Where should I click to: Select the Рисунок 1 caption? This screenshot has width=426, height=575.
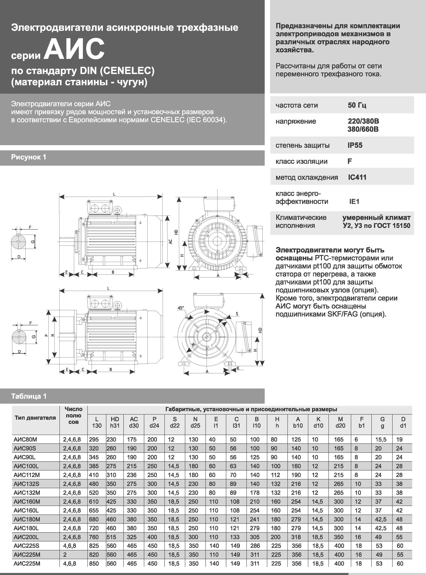click(x=29, y=157)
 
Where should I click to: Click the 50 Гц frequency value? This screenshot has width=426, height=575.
click(x=357, y=105)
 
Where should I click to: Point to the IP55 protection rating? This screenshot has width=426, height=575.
click(x=355, y=145)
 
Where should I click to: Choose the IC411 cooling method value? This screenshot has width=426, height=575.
click(x=357, y=177)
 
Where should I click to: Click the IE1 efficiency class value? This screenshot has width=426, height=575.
click(x=354, y=201)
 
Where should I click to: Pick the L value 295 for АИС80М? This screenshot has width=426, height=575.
click(x=94, y=439)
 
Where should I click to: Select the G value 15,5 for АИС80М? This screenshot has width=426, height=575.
click(x=381, y=439)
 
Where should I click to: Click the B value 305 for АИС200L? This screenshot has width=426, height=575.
click(x=255, y=537)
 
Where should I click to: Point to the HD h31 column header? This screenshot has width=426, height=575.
click(x=115, y=422)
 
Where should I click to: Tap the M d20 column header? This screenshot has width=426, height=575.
click(x=340, y=422)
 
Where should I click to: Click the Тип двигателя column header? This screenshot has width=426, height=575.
click(x=35, y=418)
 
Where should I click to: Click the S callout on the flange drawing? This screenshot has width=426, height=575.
click(x=237, y=314)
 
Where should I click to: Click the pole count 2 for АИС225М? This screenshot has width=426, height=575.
click(x=65, y=555)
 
